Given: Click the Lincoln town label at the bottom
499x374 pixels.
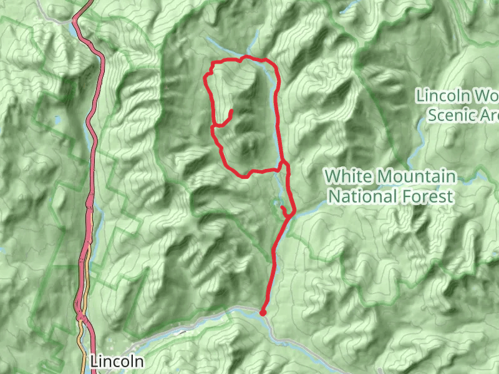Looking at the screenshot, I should (x=117, y=361).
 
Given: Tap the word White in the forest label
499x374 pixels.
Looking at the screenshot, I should (x=348, y=176).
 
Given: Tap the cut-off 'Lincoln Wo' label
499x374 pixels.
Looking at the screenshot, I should (x=457, y=96).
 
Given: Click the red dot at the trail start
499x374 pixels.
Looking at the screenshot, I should (x=263, y=312).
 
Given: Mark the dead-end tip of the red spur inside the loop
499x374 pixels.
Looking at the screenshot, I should (x=231, y=112).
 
